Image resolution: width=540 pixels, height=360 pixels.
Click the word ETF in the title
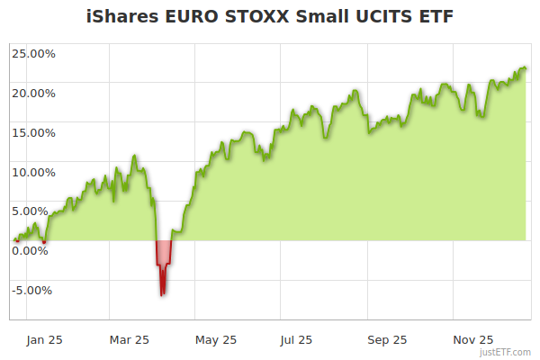coord(435,15)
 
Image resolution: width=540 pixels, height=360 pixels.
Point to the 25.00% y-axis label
coord(33,53)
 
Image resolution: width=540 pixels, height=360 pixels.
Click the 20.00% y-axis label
coord(33,93)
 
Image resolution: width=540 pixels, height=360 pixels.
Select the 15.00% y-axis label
coord(33,132)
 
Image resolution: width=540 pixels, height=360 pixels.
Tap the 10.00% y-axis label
coord(33,172)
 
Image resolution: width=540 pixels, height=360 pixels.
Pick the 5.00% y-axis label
coord(36,211)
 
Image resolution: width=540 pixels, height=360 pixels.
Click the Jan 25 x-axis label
coord(45,340)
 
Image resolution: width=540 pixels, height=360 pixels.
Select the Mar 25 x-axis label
coord(129,340)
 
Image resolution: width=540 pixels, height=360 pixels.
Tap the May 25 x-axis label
coord(216,340)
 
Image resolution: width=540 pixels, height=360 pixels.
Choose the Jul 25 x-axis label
coord(297,340)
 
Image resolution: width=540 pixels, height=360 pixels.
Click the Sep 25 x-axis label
coord(387,340)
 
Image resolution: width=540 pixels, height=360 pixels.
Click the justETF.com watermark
coord(506,353)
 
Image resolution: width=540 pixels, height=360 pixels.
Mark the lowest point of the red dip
coord(162,294)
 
